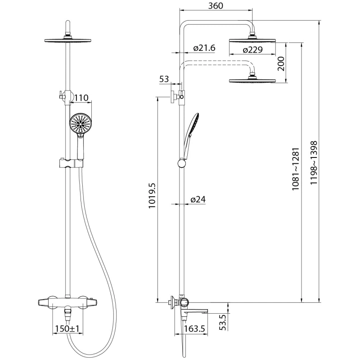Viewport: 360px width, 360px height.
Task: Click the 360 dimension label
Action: tap(216, 6)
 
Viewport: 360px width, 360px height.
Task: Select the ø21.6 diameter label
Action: tap(203, 48)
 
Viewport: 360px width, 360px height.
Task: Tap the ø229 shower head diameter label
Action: tap(252, 50)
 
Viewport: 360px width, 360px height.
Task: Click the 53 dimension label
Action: tap(164, 80)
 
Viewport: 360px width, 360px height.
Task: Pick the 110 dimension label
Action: tap(81, 97)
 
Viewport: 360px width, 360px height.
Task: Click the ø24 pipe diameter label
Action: tap(198, 199)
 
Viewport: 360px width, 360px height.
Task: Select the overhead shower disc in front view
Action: tap(69, 40)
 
